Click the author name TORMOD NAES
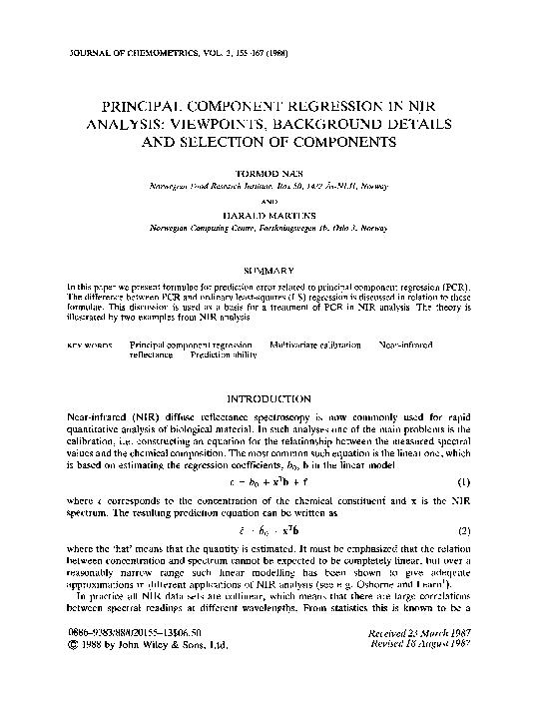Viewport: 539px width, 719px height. click(269, 174)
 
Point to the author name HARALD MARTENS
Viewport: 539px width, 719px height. click(269, 212)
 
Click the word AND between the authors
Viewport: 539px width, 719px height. click(269, 199)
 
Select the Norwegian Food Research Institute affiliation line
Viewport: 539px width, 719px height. click(269, 187)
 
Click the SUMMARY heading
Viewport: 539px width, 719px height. click(269, 270)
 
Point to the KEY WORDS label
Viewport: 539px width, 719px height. click(89, 344)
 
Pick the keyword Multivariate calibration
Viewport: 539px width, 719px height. click(315, 344)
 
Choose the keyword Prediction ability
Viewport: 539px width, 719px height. click(204, 354)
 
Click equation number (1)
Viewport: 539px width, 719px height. click(463, 487)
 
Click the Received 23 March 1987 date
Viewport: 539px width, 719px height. click(418, 661)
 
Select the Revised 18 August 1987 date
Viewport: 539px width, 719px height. click(418, 672)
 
